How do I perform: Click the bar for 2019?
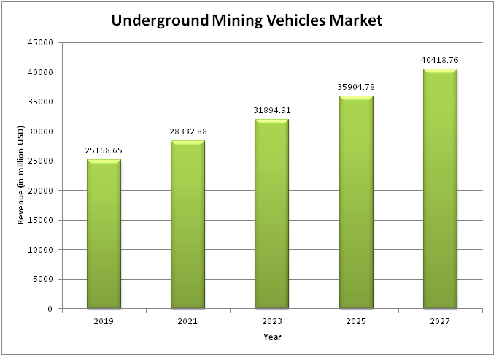pos(104,234)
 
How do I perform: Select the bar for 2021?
pos(187,224)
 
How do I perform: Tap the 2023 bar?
pos(272,214)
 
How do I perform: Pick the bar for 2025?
pos(356,202)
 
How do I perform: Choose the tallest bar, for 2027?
pos(440,188)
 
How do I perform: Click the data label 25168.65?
pos(104,150)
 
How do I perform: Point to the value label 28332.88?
pos(188,131)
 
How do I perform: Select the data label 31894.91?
pos(272,110)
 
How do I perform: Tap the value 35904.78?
pos(356,87)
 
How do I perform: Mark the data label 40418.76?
pos(439,60)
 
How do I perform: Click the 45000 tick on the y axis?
pos(40,42)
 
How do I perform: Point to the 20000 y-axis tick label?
pos(40,191)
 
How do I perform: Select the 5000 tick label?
pos(42,280)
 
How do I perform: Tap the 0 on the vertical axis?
pos(50,309)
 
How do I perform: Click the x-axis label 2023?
pos(272,321)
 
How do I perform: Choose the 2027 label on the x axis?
pos(440,321)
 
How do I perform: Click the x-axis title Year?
pos(272,337)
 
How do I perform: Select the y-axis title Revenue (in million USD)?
pos(20,175)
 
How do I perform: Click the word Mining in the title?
pos(237,20)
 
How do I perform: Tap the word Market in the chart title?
pos(355,20)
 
